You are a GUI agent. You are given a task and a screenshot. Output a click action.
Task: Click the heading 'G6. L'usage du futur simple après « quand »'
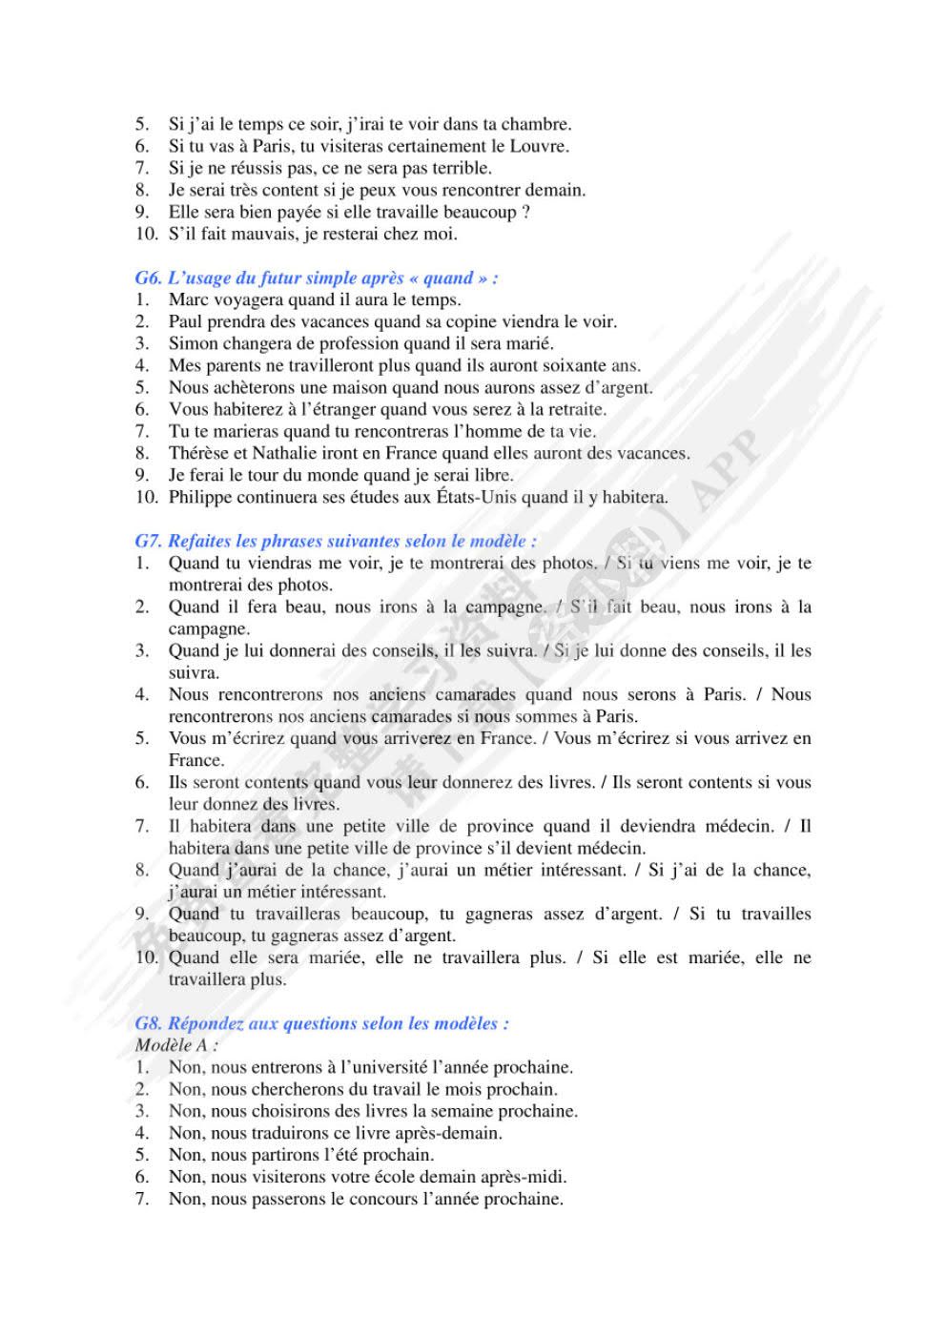tap(316, 278)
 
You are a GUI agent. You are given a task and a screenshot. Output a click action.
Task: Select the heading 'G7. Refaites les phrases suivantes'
tap(335, 541)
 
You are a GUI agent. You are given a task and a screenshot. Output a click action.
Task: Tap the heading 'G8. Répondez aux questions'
tap(321, 1023)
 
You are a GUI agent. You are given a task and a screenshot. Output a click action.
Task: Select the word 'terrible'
tap(460, 168)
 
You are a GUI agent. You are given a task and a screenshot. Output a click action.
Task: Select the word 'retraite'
tap(575, 409)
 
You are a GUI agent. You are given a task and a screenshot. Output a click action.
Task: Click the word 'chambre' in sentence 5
tap(535, 124)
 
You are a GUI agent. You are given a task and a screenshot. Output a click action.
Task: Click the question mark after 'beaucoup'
tap(526, 212)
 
